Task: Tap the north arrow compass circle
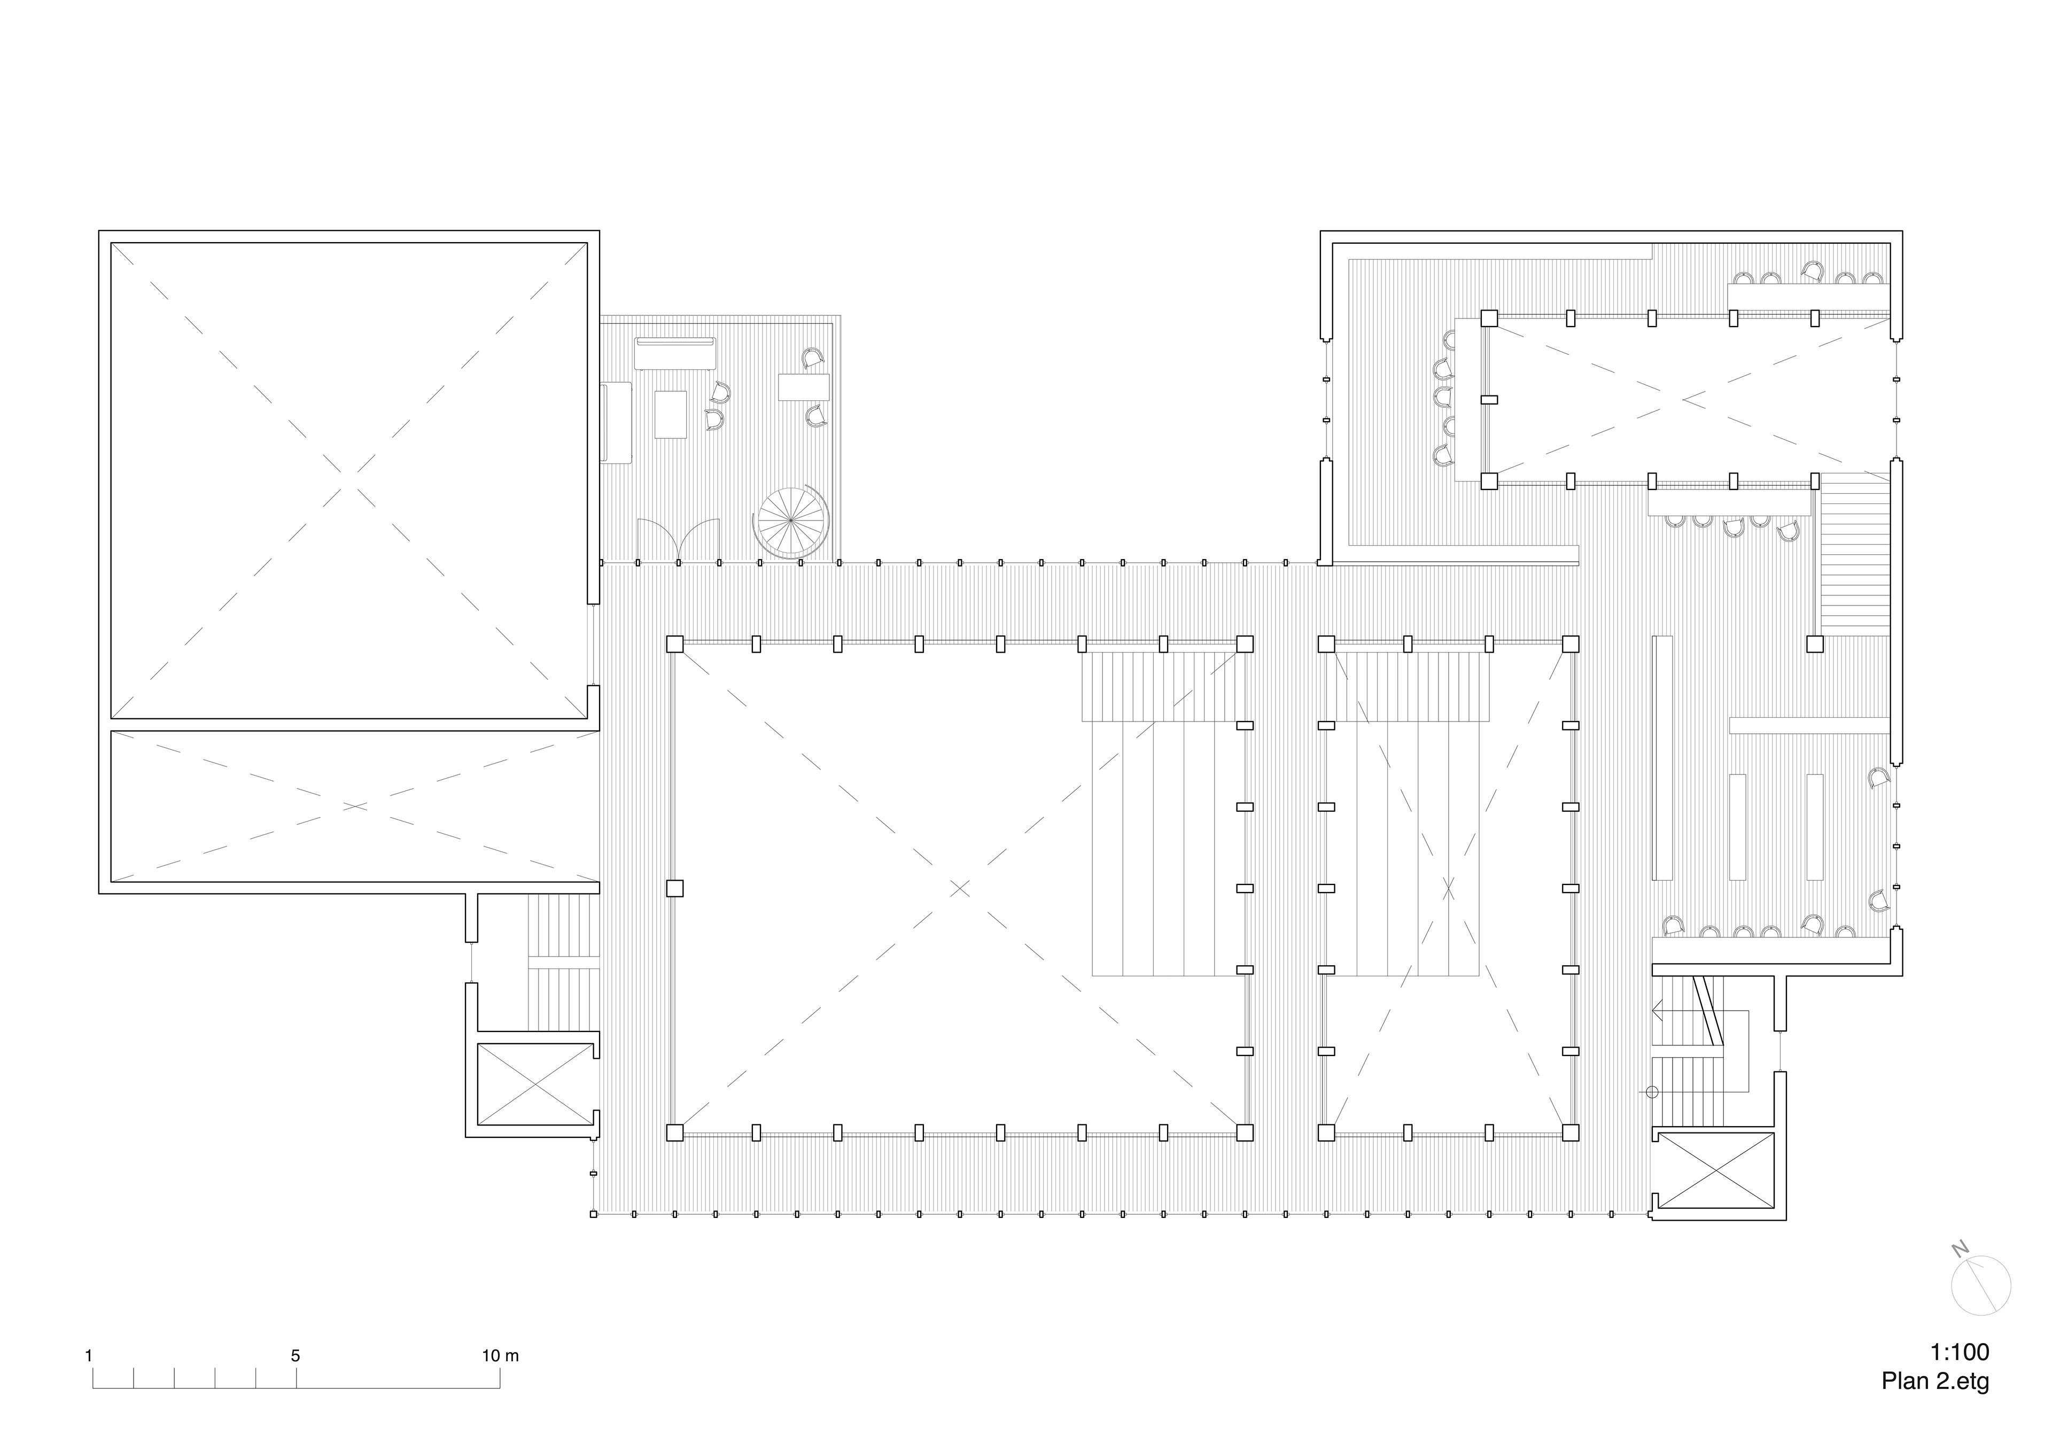tap(1980, 1286)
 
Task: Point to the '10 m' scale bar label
tap(501, 1355)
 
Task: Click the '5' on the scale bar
tap(296, 1355)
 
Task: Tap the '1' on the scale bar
tap(89, 1355)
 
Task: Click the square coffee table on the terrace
tap(670, 414)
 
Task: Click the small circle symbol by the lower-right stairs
tap(1652, 1092)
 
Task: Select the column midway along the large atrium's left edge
tap(675, 888)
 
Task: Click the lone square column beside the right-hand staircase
tap(1814, 643)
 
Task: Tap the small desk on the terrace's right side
tap(804, 387)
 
